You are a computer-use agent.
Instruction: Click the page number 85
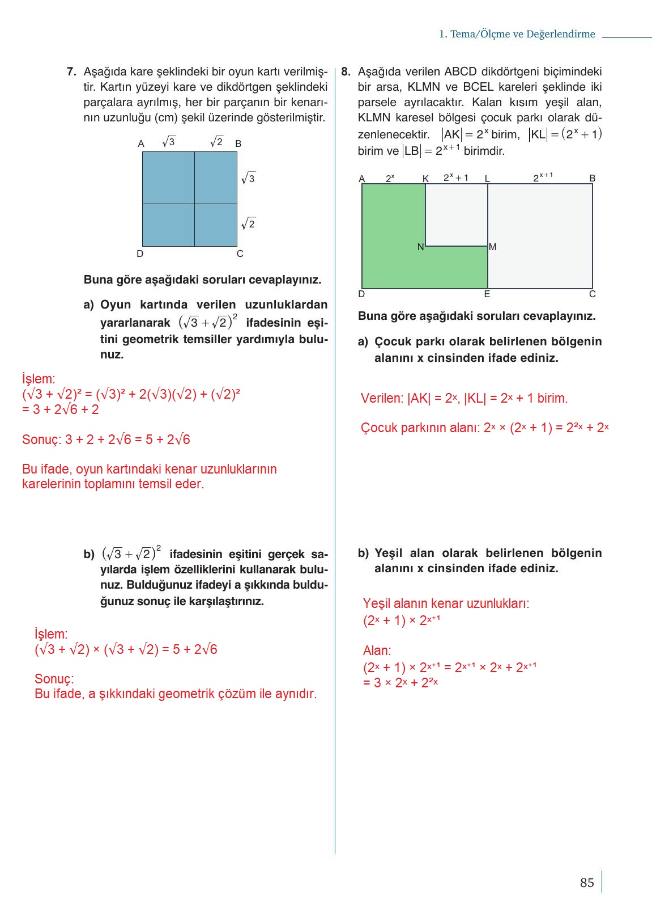point(587,882)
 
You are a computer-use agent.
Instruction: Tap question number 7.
point(71,72)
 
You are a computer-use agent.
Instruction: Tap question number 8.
point(346,72)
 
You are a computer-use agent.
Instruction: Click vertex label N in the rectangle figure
point(420,247)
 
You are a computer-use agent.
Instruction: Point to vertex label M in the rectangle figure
point(492,247)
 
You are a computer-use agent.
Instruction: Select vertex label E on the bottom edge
point(487,294)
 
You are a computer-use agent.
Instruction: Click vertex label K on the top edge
point(425,179)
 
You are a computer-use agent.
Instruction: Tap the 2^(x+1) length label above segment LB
point(542,178)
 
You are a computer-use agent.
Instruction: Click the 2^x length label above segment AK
point(390,179)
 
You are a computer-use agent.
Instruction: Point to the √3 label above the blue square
point(169,142)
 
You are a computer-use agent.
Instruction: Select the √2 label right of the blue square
point(248,223)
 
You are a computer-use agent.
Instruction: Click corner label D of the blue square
point(140,254)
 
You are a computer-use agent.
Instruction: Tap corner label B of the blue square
point(238,144)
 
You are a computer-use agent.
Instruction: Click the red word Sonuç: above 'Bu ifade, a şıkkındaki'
point(54,679)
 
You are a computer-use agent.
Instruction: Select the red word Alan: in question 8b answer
point(377,650)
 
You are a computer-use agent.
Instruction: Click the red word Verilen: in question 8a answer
point(382,399)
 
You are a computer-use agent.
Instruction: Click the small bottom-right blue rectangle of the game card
point(216,225)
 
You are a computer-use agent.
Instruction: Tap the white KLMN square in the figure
point(457,215)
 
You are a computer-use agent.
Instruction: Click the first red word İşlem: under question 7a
point(39,379)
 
